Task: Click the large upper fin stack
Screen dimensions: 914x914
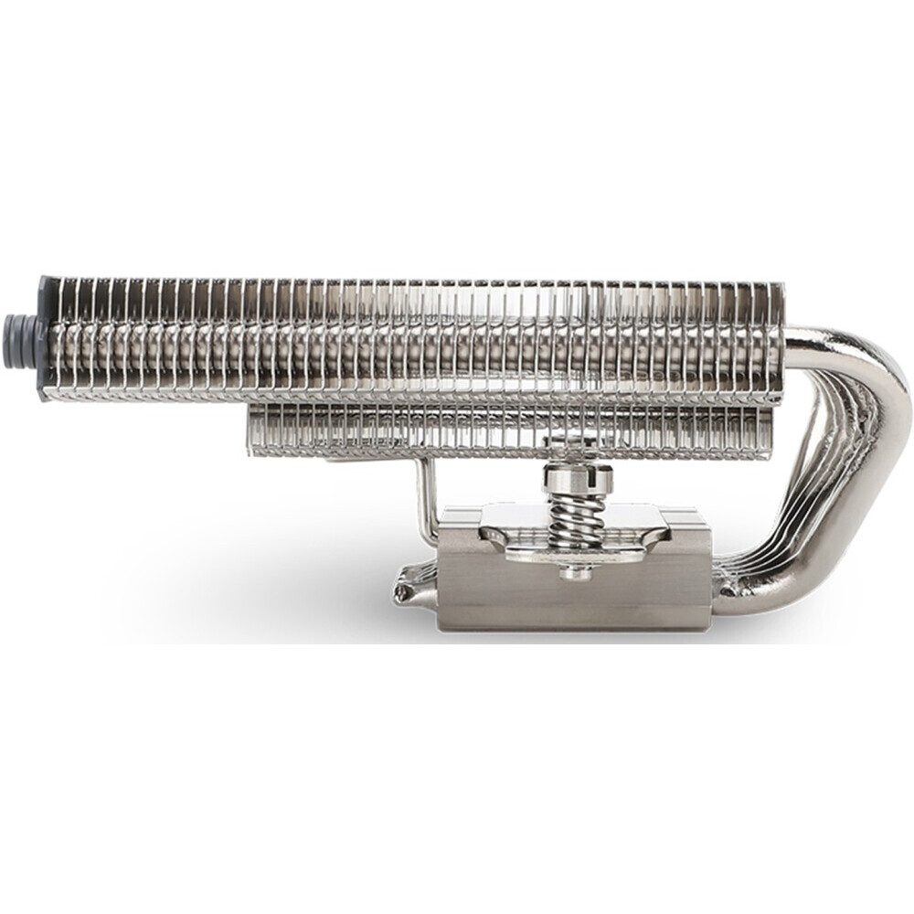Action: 411,338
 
